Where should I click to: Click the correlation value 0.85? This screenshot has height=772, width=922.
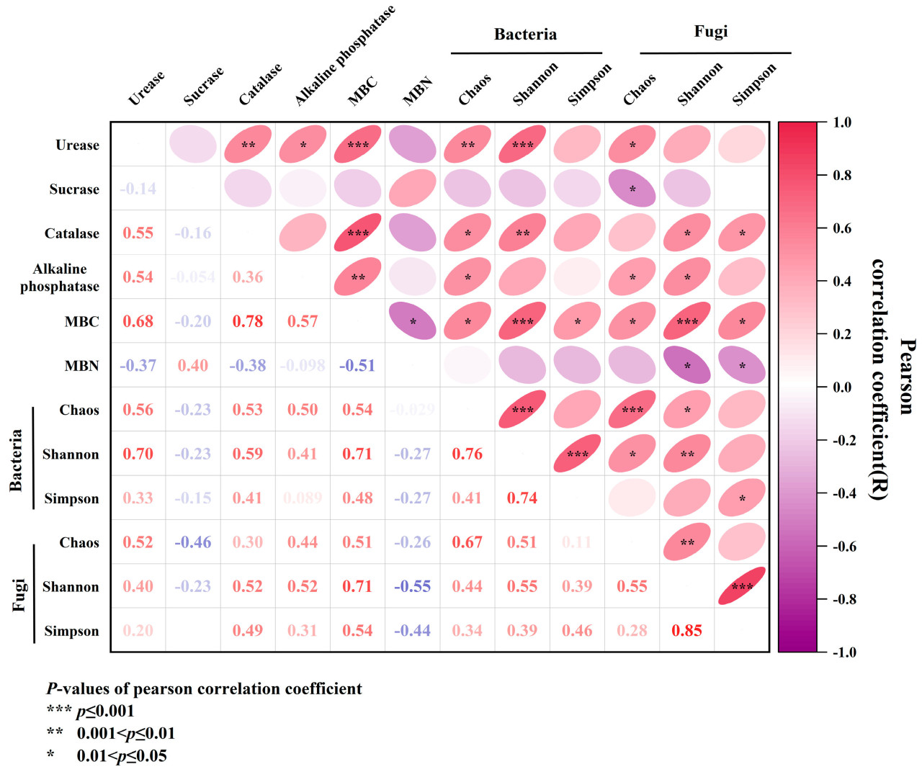pos(686,631)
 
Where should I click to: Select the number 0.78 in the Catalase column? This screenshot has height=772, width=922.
pos(248,321)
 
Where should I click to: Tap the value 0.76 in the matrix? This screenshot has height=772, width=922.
pos(467,454)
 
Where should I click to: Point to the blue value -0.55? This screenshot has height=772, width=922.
pos(413,586)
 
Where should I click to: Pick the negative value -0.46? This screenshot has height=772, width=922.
pos(193,542)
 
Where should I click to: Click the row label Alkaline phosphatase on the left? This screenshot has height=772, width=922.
pos(60,277)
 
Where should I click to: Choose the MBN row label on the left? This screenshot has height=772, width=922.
pos(81,366)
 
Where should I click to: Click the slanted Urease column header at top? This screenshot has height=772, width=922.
pos(146,89)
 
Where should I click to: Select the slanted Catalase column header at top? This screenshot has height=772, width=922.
pos(260,84)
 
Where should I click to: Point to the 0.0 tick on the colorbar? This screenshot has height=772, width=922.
pos(842,387)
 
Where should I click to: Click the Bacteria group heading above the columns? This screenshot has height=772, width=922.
pos(525,35)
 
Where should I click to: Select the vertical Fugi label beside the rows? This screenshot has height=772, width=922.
pos(19,595)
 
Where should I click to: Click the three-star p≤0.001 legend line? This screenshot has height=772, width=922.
pos(91,712)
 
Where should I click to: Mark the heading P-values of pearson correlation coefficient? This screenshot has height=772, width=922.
pos(204,689)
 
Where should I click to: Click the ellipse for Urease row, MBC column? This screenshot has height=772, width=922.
pos(358,144)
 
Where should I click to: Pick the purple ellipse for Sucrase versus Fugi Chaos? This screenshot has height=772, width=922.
pos(632,189)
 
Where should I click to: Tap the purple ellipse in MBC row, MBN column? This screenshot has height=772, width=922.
pos(413,321)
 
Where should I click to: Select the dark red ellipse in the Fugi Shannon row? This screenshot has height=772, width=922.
pos(741,586)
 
